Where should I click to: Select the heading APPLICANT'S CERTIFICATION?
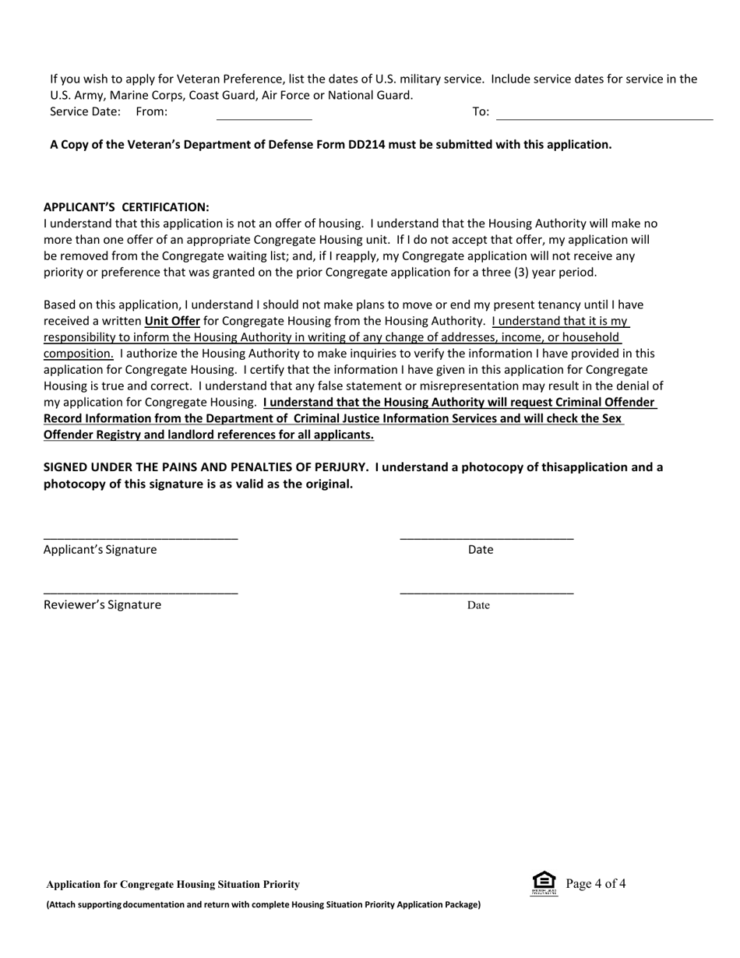[x=126, y=207]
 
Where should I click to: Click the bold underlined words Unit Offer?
[x=172, y=321]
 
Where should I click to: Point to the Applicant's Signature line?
[x=140, y=537]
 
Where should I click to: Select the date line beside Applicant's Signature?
[x=487, y=537]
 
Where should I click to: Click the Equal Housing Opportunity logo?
[x=544, y=883]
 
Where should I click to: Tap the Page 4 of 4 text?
[x=596, y=883]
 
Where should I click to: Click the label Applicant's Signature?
[x=100, y=550]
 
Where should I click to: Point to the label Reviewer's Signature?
[x=102, y=605]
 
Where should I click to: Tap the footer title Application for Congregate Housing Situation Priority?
[x=173, y=885]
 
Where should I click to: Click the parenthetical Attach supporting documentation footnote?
[x=263, y=904]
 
